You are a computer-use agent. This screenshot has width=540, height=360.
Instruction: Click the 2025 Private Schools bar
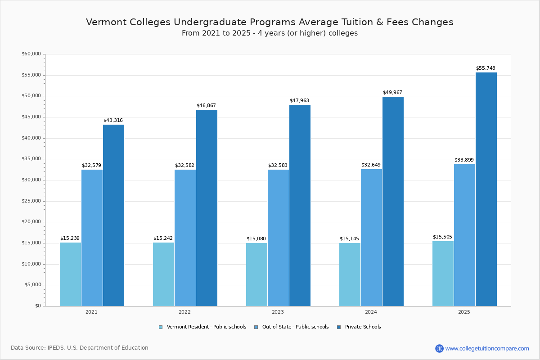[x=486, y=189]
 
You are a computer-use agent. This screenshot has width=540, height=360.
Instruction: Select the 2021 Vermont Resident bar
[x=70, y=274]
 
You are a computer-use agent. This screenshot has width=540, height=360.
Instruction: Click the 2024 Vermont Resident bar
[x=350, y=274]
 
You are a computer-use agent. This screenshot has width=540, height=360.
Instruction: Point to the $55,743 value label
[x=486, y=68]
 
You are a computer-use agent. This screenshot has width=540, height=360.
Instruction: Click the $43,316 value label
[x=113, y=121]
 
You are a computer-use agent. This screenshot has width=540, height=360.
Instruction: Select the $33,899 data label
[x=464, y=160]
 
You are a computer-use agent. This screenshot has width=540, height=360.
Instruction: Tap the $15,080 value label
[x=256, y=238]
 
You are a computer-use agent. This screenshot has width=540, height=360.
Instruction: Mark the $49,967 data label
[x=392, y=93]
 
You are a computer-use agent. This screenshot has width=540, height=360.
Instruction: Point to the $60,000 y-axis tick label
[x=31, y=54]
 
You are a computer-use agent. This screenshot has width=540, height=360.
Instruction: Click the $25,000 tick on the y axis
[x=31, y=201]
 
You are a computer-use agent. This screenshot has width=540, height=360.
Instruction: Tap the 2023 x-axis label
[x=278, y=312]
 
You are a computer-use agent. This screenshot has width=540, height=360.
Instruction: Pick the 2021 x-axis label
[x=91, y=312]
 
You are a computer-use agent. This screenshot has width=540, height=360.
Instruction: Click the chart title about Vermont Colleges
[x=270, y=22]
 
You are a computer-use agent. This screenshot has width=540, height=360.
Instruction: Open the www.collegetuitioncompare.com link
[x=487, y=348]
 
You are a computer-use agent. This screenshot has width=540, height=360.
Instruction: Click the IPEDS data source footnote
[x=80, y=348]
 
